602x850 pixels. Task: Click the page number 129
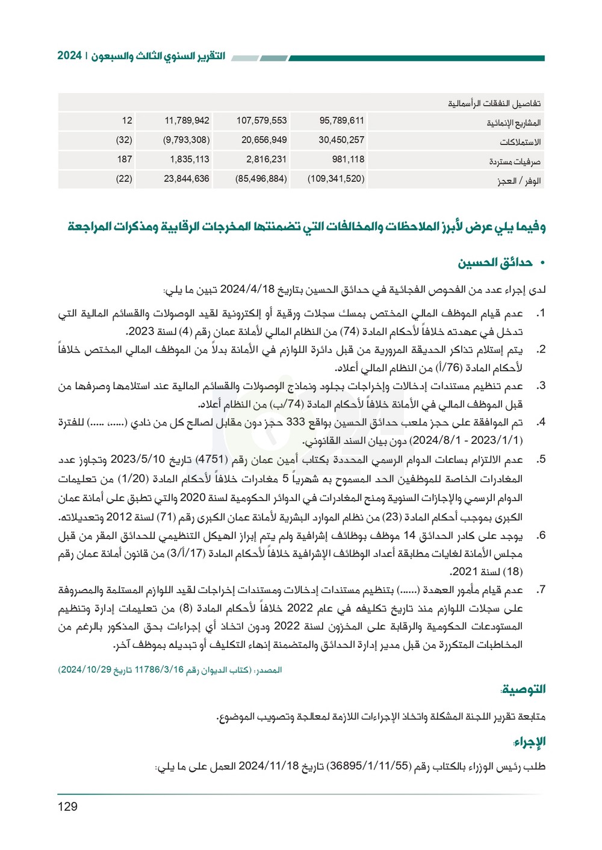click(67, 807)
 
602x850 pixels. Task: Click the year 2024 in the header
click(69, 56)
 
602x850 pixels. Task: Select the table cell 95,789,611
click(341, 120)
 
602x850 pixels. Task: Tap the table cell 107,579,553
click(261, 120)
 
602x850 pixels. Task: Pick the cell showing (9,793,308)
click(186, 140)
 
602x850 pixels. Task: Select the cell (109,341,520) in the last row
click(336, 179)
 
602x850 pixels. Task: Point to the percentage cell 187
click(125, 159)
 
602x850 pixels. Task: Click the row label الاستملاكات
click(520, 142)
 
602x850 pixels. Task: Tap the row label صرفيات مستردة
click(515, 161)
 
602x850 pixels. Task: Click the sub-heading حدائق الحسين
click(495, 262)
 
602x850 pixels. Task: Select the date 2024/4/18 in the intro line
click(247, 289)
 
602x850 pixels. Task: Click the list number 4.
click(541, 422)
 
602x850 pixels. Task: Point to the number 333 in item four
click(296, 422)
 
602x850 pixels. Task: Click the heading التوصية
click(524, 689)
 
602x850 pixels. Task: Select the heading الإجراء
click(530, 742)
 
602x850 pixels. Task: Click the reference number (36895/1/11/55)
click(368, 766)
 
